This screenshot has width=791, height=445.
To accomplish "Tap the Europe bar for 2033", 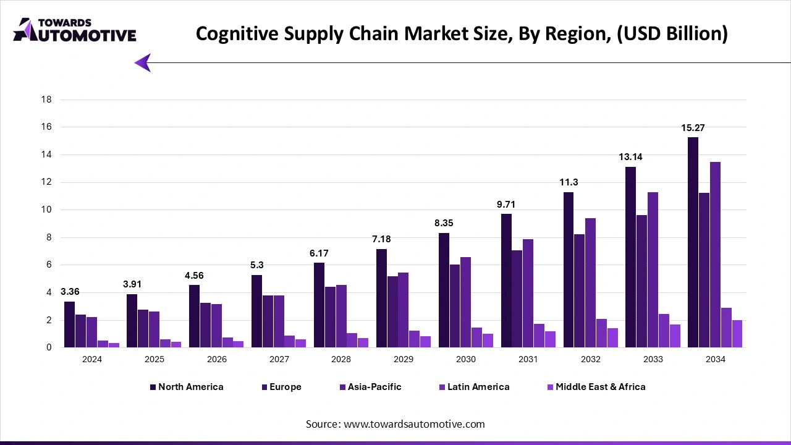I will click(641, 281).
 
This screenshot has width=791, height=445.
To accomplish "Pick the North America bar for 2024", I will click(69, 324).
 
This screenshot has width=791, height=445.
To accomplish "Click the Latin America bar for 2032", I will click(601, 333).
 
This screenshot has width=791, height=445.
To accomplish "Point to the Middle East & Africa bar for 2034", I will click(737, 334).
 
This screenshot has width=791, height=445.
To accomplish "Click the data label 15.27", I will click(693, 128).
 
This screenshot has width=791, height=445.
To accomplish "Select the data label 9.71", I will click(506, 205).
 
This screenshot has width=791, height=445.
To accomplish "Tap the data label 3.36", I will click(70, 292).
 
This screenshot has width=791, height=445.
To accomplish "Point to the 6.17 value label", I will click(319, 253).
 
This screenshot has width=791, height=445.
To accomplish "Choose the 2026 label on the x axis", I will click(216, 360).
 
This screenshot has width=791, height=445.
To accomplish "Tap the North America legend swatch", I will click(153, 387).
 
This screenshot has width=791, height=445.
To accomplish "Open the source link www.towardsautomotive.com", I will click(413, 424).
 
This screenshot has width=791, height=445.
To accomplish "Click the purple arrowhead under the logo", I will click(143, 62).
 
